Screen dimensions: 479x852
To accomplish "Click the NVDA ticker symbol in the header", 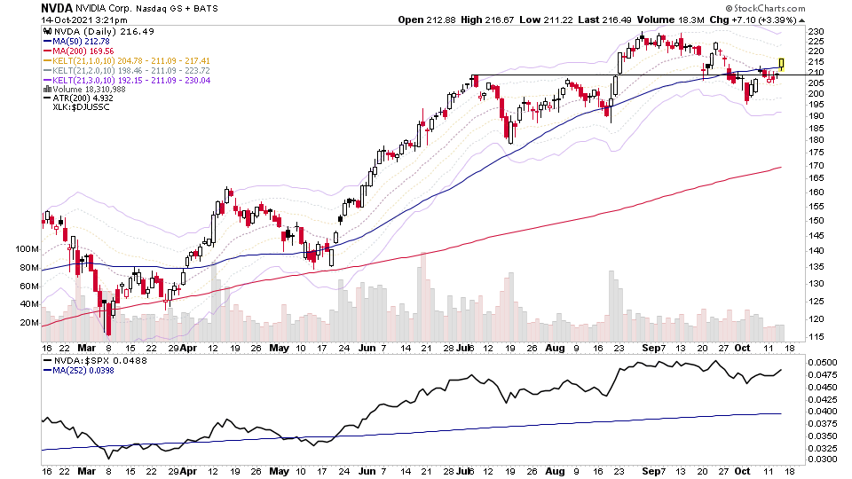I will (x=57, y=7).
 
